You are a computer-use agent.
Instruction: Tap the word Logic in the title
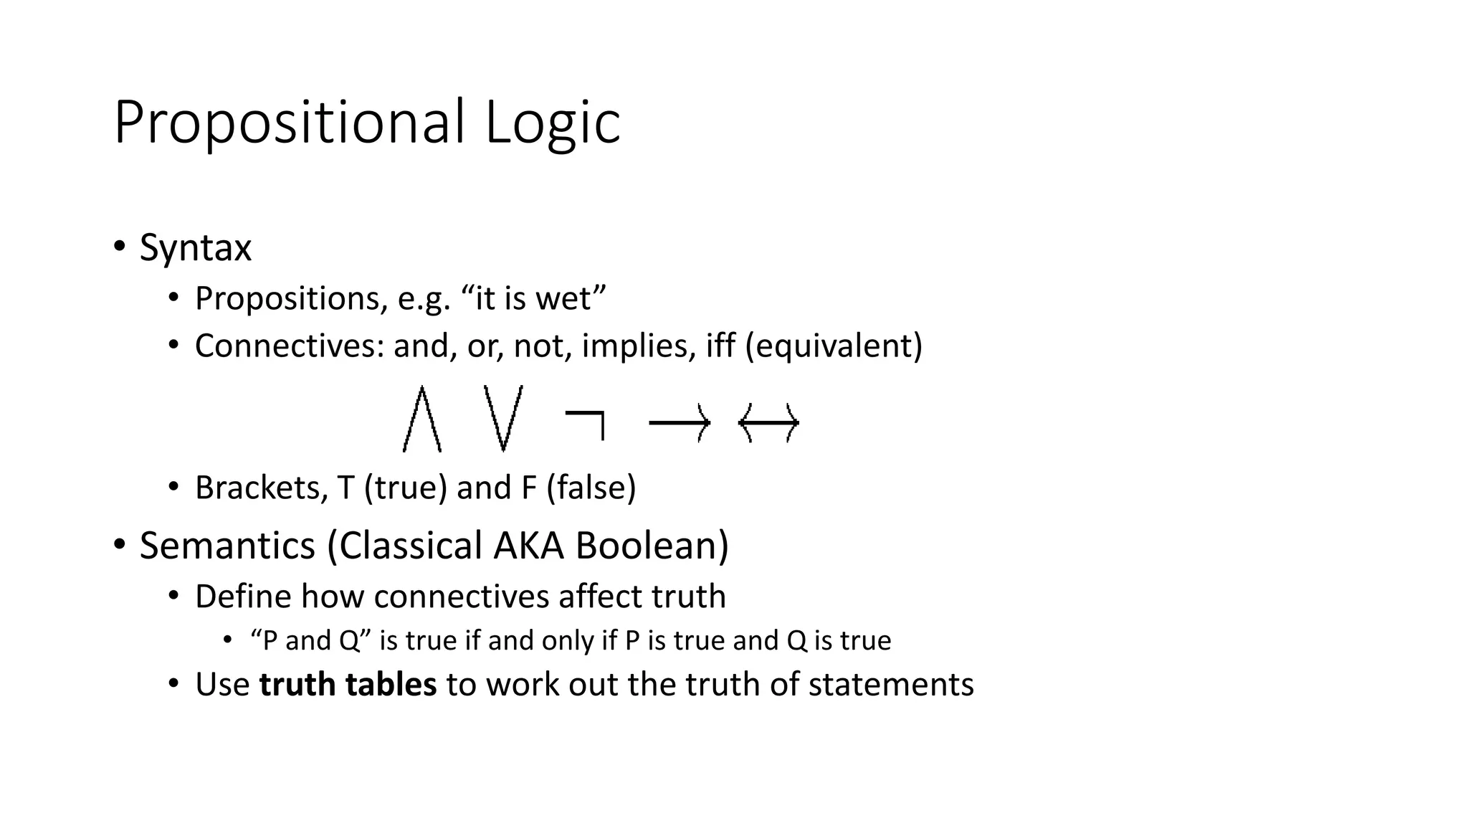(552, 123)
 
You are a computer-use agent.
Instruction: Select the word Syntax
(195, 248)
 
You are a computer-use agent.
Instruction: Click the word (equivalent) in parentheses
(834, 346)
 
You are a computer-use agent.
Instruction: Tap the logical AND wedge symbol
(422, 419)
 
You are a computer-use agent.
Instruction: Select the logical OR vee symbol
(503, 419)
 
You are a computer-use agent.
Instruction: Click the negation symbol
(586, 424)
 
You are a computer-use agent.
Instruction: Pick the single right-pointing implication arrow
(679, 424)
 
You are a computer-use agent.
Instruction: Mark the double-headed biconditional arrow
(768, 424)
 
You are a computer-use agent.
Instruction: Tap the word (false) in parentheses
(591, 488)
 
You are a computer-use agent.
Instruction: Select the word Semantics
(227, 546)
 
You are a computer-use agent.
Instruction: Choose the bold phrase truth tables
(348, 685)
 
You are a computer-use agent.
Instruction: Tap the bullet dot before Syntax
(119, 246)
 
